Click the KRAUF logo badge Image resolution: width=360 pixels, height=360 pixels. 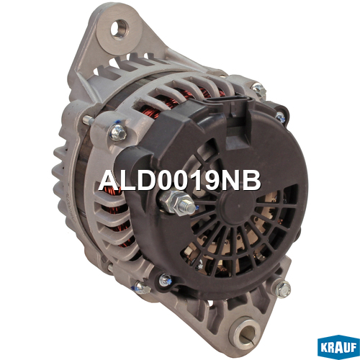pyautogui.click(x=338, y=346)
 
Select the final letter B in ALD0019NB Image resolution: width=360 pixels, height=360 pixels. pyautogui.click(x=252, y=181)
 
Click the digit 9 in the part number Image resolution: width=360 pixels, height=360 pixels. pyautogui.click(x=212, y=181)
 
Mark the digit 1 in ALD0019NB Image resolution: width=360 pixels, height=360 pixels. pyautogui.click(x=197, y=181)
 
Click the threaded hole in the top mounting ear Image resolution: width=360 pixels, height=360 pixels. pyautogui.click(x=120, y=30)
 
